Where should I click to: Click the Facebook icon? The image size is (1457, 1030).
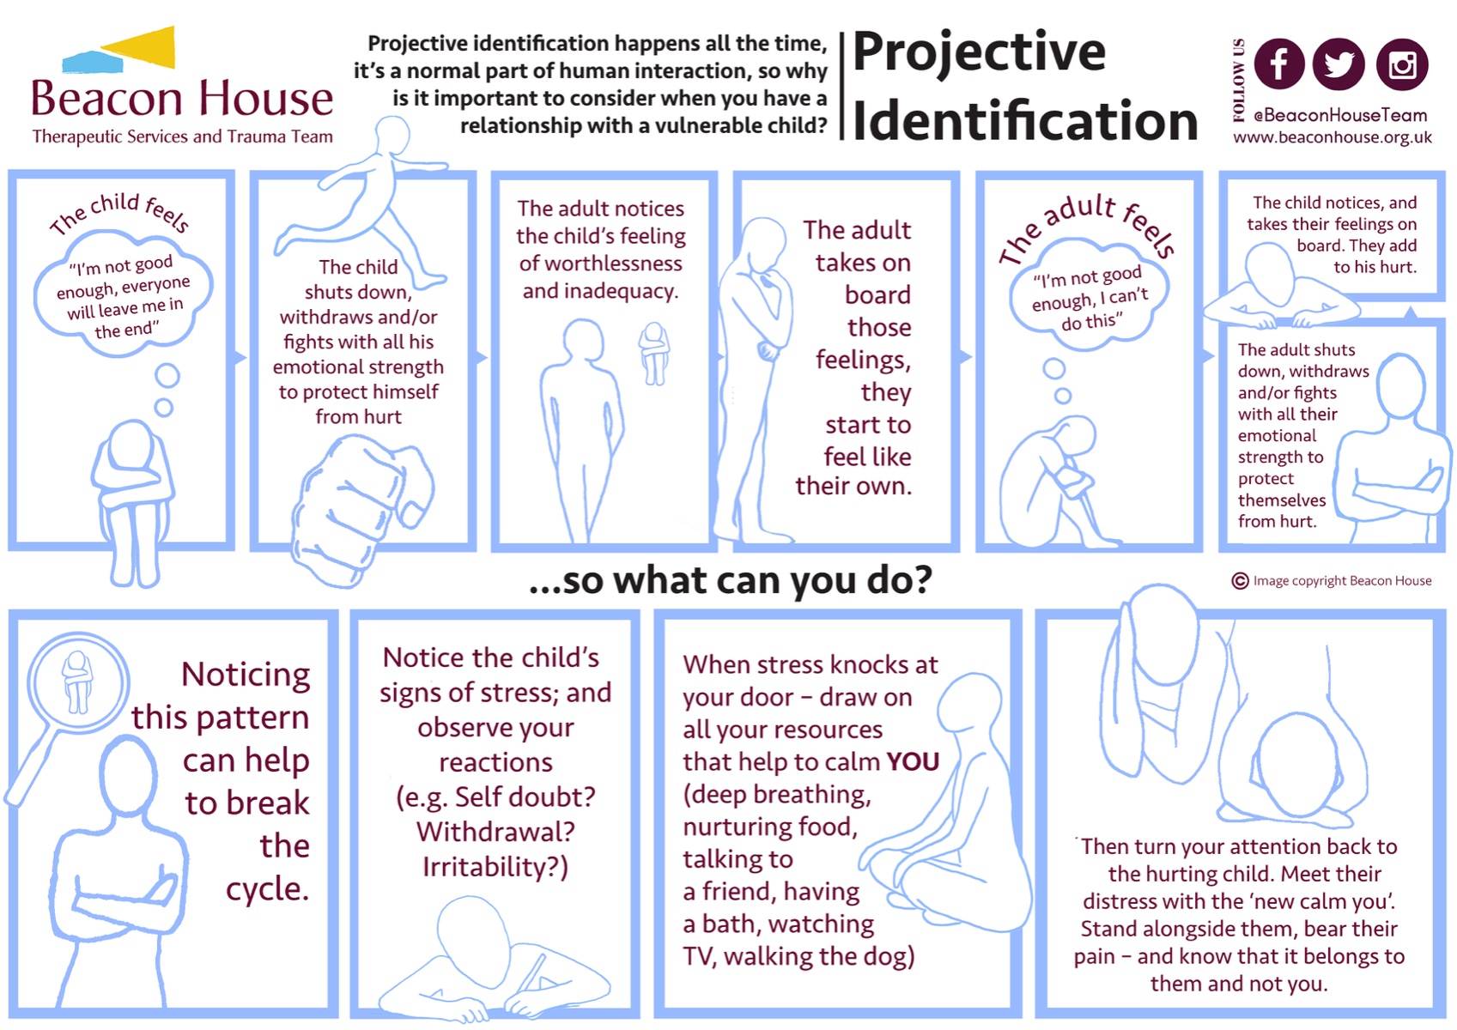click(x=1278, y=64)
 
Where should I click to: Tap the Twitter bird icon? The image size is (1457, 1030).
click(x=1339, y=64)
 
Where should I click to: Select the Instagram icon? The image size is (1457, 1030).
click(x=1402, y=64)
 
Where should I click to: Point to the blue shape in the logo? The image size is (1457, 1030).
click(x=92, y=62)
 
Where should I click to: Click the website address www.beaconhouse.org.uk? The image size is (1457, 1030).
click(x=1333, y=137)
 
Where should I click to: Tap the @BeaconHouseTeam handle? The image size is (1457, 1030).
click(x=1340, y=115)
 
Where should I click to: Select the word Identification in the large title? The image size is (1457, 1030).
click(x=1025, y=120)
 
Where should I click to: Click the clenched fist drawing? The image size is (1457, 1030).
click(x=361, y=507)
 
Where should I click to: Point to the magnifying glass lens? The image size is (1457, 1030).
click(x=78, y=682)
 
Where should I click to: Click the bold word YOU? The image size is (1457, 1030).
click(x=913, y=761)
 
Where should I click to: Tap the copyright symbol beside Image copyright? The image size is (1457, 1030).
click(x=1240, y=581)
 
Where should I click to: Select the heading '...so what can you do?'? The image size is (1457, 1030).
click(x=731, y=581)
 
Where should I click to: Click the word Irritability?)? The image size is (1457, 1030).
click(x=495, y=867)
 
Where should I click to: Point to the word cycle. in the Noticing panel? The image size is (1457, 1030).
click(x=267, y=889)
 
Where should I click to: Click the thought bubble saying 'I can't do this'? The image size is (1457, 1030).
click(x=1090, y=296)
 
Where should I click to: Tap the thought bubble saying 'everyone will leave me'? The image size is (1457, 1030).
click(x=123, y=293)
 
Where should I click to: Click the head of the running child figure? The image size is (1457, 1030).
click(x=393, y=136)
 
